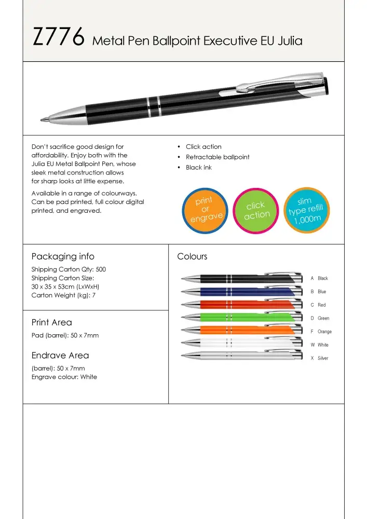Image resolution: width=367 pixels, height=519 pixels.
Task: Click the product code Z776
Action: click(x=58, y=38)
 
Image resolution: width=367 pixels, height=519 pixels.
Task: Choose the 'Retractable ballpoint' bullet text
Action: click(x=218, y=157)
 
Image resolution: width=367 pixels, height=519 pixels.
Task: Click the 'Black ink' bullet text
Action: click(x=199, y=168)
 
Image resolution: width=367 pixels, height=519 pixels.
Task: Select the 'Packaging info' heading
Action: click(x=63, y=256)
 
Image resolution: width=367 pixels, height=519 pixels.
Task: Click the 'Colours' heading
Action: click(x=192, y=256)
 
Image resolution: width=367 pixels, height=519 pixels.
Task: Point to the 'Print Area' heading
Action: click(x=52, y=322)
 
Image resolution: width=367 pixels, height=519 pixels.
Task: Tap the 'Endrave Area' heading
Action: click(x=60, y=356)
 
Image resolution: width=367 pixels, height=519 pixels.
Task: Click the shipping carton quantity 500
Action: click(x=101, y=270)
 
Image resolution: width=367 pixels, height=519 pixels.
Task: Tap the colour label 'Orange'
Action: click(x=324, y=332)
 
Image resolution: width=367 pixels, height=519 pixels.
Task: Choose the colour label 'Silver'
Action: click(x=323, y=358)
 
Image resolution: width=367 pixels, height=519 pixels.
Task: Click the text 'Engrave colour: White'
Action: click(x=64, y=377)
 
